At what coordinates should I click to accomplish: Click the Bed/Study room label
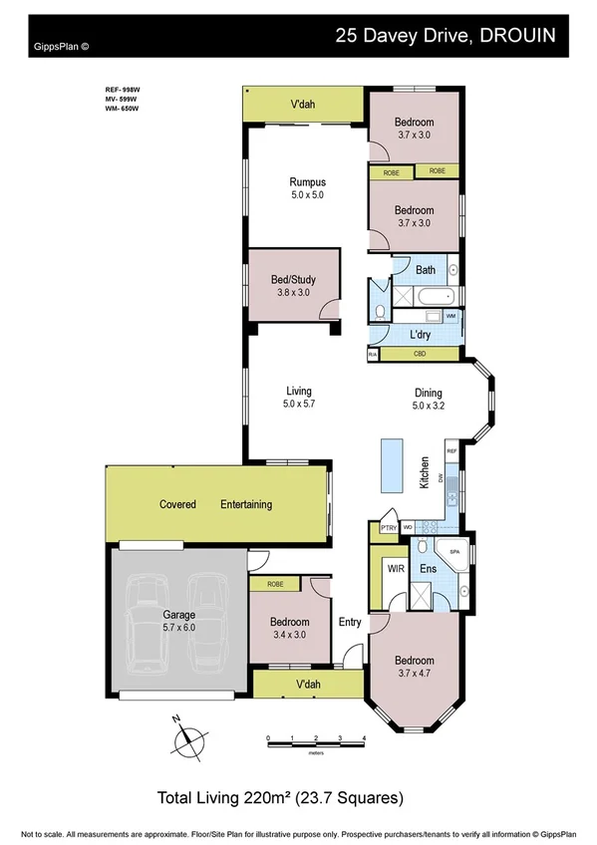coord(293,280)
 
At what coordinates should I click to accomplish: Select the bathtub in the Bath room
coord(435,296)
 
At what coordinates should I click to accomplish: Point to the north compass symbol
coord(185,738)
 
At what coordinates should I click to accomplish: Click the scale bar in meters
coord(316,738)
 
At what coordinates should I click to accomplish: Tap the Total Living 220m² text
coord(280,797)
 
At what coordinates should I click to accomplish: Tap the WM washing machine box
coord(450,316)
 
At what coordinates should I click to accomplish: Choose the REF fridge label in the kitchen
coord(450,452)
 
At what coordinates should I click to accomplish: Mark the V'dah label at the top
coord(303,104)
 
